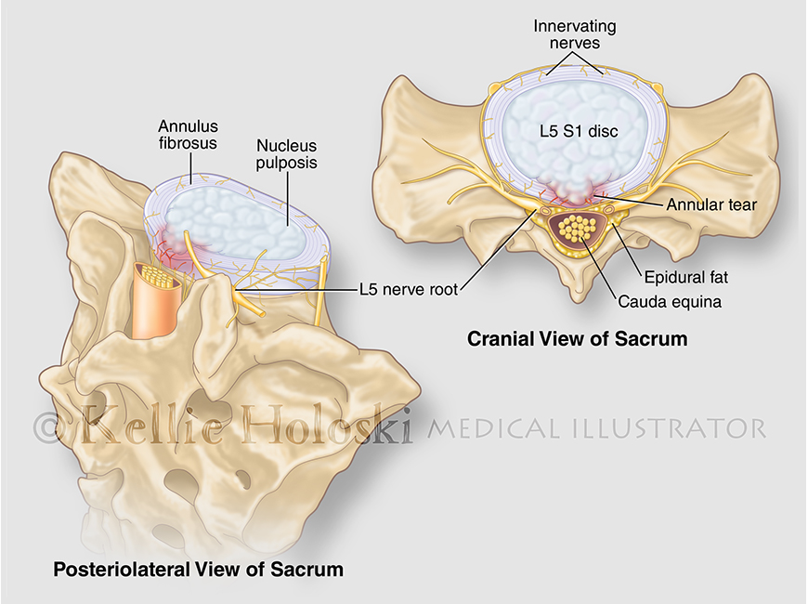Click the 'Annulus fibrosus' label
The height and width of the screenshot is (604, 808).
[188, 134]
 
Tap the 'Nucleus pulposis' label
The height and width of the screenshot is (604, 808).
[287, 154]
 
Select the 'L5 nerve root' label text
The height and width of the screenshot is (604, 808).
[409, 290]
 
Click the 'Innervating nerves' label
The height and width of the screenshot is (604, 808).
[575, 34]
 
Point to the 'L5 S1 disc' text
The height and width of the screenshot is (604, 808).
[579, 131]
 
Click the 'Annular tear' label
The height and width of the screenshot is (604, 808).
[711, 204]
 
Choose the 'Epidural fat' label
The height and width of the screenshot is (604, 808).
[686, 278]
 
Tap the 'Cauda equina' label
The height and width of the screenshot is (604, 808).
[670, 301]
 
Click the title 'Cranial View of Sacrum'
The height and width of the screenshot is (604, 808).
[577, 339]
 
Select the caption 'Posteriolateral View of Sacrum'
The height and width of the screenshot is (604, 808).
[199, 570]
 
